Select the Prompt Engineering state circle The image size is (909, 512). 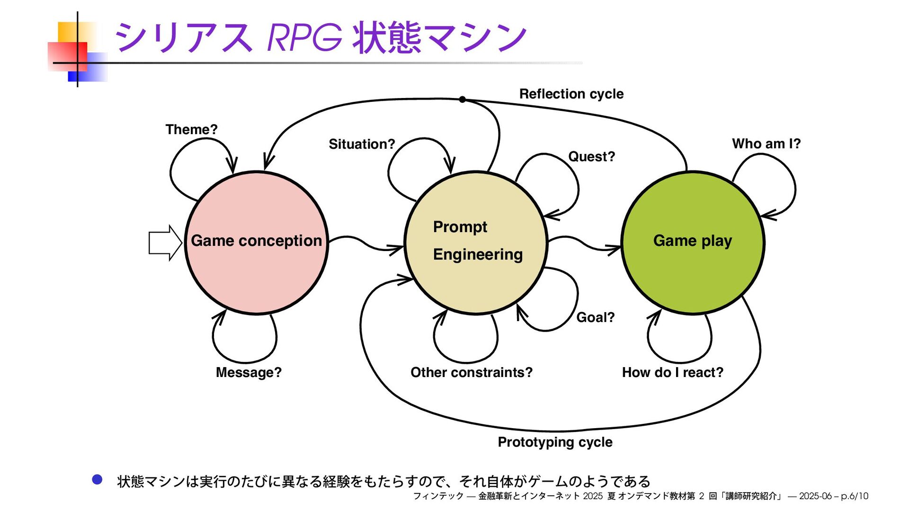[476, 284]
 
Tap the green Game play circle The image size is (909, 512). [693, 275]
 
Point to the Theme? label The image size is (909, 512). [191, 129]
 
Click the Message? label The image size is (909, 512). [249, 372]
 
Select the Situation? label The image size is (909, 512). [362, 144]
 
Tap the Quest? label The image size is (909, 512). [591, 156]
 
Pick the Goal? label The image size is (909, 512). [595, 317]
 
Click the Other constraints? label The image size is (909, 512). [471, 372]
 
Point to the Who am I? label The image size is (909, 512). [766, 144]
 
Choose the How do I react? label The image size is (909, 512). [672, 372]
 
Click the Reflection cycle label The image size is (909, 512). [571, 94]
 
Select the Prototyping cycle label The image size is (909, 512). [555, 442]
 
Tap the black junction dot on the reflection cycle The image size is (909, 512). [463, 99]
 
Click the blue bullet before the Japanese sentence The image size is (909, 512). [97, 480]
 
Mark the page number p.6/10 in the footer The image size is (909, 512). [855, 496]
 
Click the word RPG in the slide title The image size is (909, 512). [304, 37]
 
